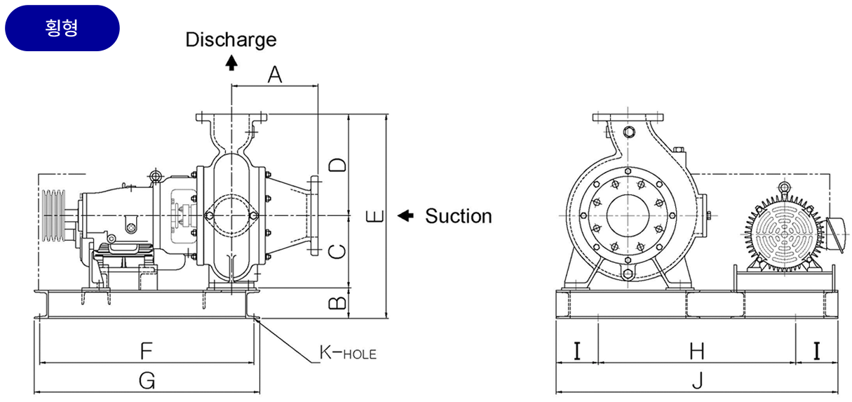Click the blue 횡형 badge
click(x=62, y=28)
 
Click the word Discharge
click(x=231, y=39)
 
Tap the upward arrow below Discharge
click(x=231, y=62)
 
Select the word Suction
click(x=459, y=216)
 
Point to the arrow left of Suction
click(x=405, y=215)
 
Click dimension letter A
click(x=275, y=74)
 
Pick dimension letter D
click(x=337, y=165)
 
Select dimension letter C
click(x=337, y=250)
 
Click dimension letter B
click(x=337, y=302)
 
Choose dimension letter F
click(x=147, y=349)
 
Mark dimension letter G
click(x=147, y=380)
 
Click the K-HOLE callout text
click(x=348, y=352)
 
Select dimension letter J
click(x=697, y=380)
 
